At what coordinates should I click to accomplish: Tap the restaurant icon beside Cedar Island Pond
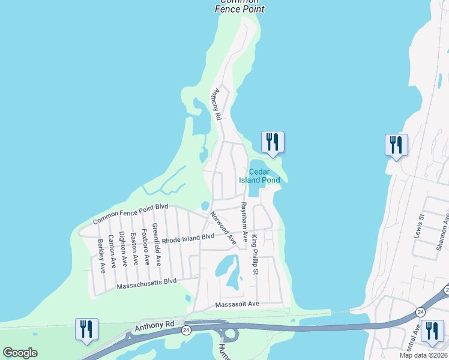(273, 142)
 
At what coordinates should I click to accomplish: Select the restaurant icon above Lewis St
(396, 145)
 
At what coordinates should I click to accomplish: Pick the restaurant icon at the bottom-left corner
(86, 329)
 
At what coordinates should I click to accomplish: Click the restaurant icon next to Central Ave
(432, 331)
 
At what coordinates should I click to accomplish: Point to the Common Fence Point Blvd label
(130, 214)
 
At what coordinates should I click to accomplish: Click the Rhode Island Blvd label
(188, 238)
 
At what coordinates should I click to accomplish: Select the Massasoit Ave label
(237, 304)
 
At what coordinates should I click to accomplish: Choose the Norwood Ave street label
(223, 227)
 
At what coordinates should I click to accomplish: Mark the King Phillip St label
(255, 254)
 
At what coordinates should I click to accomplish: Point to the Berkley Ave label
(101, 256)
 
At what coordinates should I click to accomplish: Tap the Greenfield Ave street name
(157, 244)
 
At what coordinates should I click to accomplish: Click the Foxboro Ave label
(146, 247)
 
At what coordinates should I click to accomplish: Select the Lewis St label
(420, 227)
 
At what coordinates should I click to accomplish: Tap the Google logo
(20, 353)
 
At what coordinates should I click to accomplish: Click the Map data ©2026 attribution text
(423, 355)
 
